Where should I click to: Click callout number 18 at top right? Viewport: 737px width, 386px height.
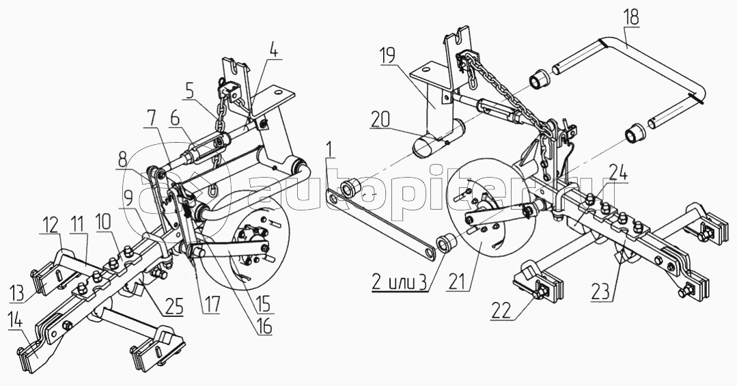[632, 18]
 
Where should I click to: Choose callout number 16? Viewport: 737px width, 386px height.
[264, 327]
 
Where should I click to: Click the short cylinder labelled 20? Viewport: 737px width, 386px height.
[437, 139]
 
